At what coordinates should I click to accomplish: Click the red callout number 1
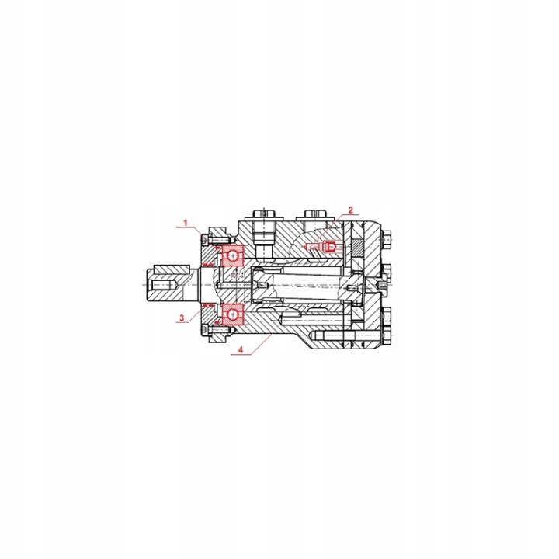click(x=186, y=223)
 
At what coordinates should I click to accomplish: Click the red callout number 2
click(x=350, y=210)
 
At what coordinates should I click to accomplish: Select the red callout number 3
click(x=182, y=318)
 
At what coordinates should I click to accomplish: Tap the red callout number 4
click(x=241, y=350)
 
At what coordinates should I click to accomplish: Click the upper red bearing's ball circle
click(x=233, y=255)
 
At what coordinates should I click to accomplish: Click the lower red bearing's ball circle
click(x=233, y=314)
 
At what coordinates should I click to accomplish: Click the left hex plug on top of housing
click(x=265, y=214)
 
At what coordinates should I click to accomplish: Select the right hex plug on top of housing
click(x=316, y=214)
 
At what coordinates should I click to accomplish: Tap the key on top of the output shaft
click(x=171, y=269)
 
